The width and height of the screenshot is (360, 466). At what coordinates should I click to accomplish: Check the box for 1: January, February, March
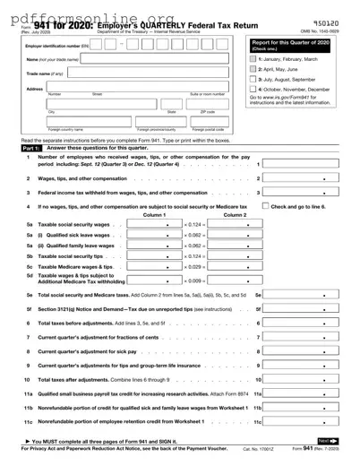(x=253, y=58)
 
